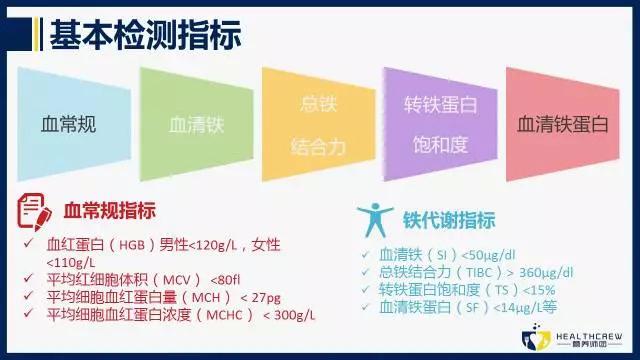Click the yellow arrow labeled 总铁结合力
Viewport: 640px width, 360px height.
pyautogui.click(x=317, y=125)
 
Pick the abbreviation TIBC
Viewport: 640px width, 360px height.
pyautogui.click(x=496, y=271)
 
